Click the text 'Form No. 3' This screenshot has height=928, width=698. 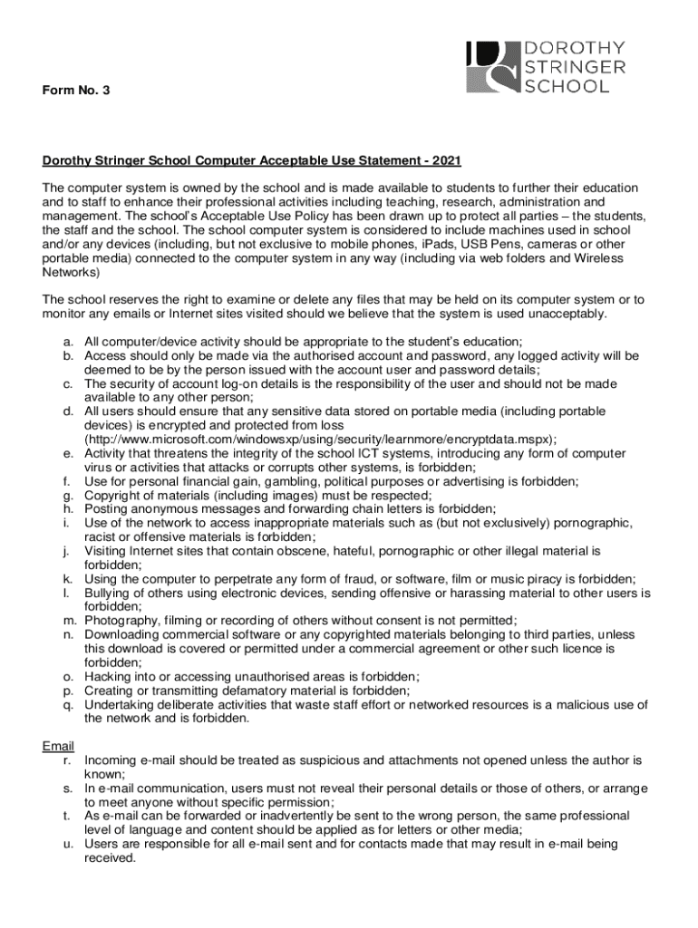[76, 92]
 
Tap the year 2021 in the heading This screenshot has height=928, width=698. [446, 161]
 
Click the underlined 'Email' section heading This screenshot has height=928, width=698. [58, 746]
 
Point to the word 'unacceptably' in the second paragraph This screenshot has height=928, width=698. [573, 314]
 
